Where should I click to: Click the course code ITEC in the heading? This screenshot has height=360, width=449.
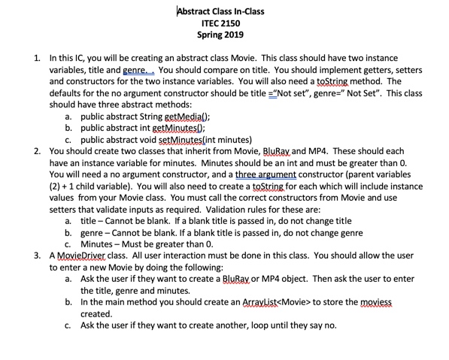pos(206,23)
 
